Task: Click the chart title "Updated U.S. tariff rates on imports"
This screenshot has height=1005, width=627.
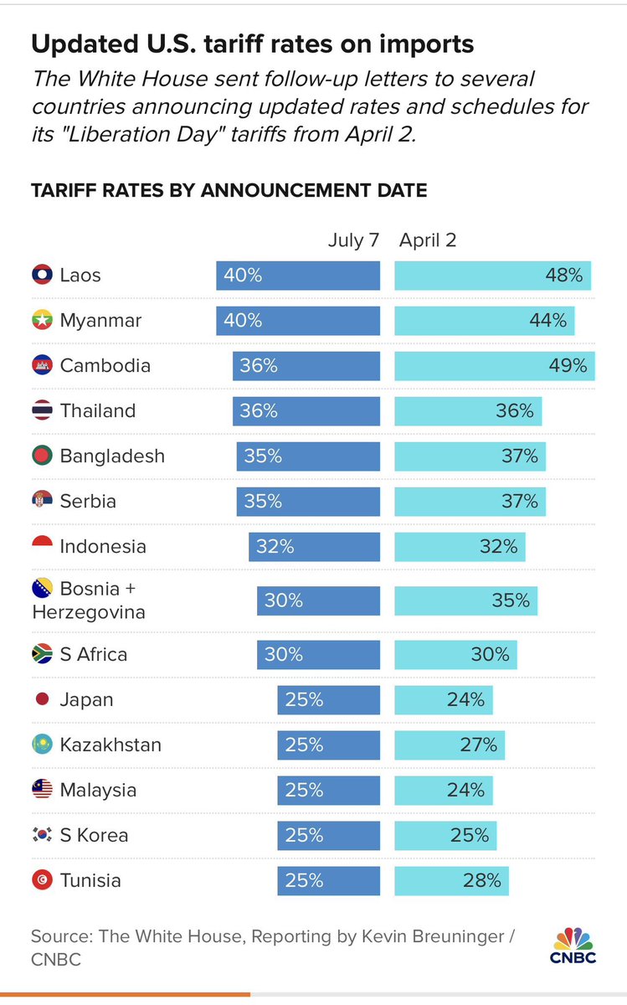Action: pos(252,44)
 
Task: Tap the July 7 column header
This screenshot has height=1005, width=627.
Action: pos(352,240)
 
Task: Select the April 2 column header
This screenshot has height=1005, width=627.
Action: pos(428,240)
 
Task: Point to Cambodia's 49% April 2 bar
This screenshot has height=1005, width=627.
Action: pos(494,365)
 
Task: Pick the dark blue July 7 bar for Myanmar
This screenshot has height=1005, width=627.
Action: pos(298,320)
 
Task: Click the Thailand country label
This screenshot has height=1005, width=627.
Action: pos(97,410)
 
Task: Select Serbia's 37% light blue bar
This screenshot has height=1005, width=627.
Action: pos(470,501)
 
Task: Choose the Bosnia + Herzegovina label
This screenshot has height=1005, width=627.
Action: pos(88,600)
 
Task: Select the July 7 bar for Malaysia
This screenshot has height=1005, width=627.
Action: pos(328,790)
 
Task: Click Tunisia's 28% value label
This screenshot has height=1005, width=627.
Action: pos(482,880)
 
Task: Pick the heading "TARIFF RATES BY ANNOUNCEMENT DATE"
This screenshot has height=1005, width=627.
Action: pos(229,190)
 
